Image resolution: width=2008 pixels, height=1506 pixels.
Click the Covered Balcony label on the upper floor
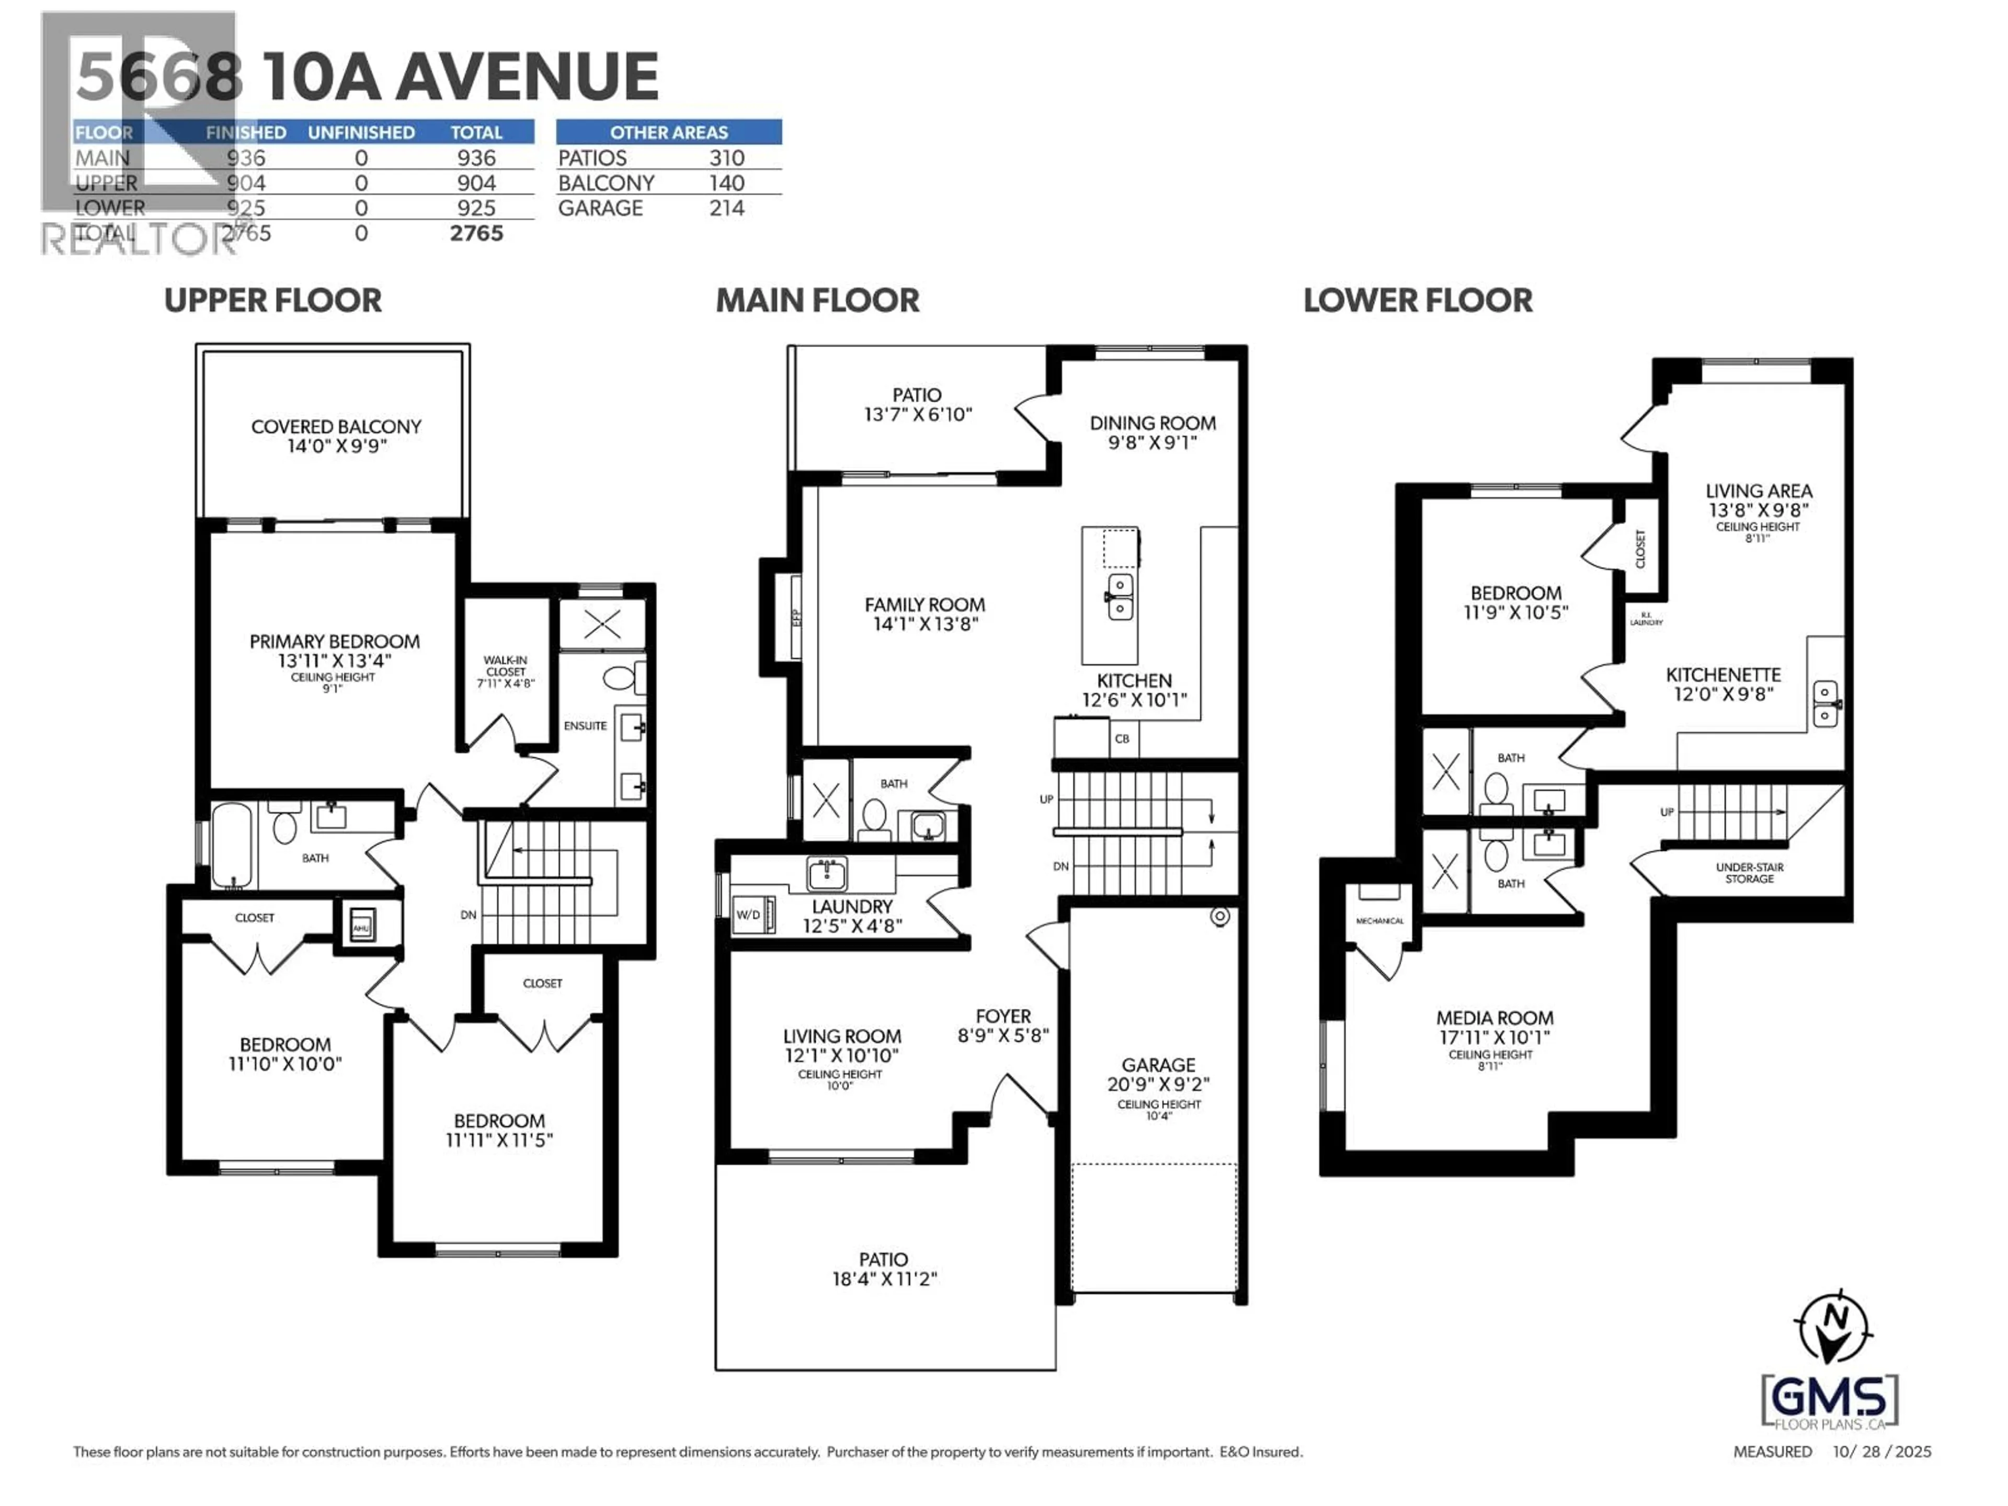[336, 427]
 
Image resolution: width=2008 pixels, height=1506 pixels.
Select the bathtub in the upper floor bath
[232, 844]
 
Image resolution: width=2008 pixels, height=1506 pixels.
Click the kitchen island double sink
[1120, 597]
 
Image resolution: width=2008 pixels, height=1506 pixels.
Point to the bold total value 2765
[476, 233]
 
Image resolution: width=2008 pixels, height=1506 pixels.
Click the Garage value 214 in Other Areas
[726, 208]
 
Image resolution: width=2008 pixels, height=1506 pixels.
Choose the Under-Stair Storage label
[1749, 872]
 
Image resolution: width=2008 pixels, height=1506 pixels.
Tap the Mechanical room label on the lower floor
[1379, 920]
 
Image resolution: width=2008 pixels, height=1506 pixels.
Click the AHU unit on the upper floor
[361, 926]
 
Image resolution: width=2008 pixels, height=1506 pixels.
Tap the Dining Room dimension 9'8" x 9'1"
[1152, 443]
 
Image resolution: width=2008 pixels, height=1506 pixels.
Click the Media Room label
[1494, 1018]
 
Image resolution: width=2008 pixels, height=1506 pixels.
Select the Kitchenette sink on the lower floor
[1824, 703]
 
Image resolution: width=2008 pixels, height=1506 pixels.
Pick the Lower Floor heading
[1417, 301]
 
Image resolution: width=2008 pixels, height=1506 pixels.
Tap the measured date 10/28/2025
[1881, 1452]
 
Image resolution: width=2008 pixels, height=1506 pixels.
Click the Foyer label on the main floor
[1002, 1016]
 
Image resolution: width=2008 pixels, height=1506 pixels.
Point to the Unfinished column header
[360, 132]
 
